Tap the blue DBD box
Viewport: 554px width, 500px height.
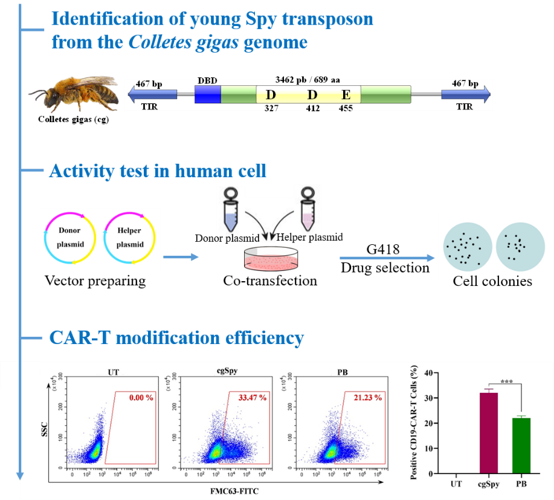point(207,94)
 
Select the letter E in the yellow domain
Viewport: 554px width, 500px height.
point(346,95)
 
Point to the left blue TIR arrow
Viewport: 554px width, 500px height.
point(152,94)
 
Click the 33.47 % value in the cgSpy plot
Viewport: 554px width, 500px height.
point(247,398)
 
